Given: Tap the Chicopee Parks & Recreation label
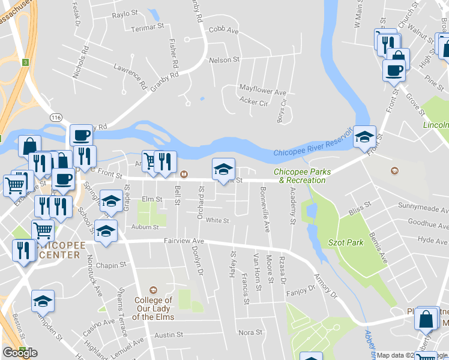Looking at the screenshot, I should pos(300,176).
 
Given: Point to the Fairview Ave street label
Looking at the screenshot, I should pos(184,241).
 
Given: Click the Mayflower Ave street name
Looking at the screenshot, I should pos(263,92).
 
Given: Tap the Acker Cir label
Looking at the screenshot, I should pos(254,103).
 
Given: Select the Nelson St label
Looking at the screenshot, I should pos(224,60).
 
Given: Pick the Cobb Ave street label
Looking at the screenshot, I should pos(223,29).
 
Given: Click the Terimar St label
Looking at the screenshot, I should pos(148,27).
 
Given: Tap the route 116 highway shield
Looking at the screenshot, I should pos(57,116).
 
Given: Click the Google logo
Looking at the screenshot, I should pos(20,353).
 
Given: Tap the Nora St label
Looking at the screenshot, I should pos(250,332).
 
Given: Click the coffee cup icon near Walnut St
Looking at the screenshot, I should pos(394,70).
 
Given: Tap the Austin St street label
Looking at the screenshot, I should pos(168,335).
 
